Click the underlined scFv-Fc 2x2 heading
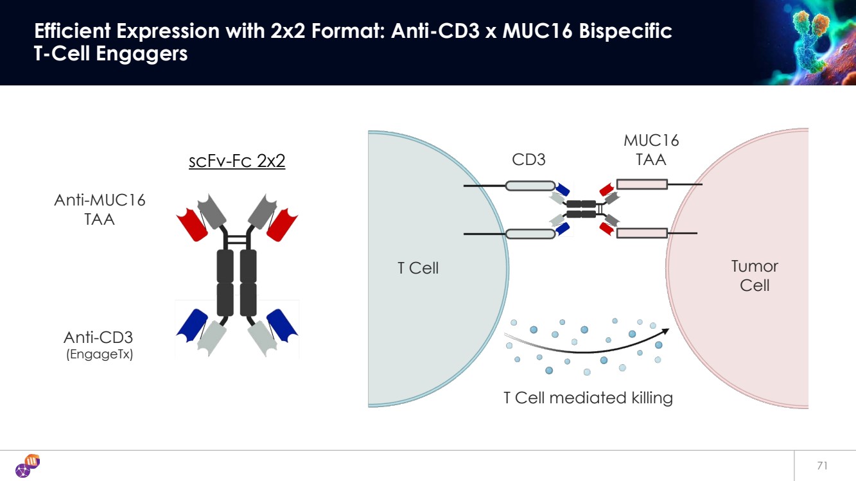pyautogui.click(x=237, y=161)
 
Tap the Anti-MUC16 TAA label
pyautogui.click(x=100, y=209)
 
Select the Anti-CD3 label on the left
pyautogui.click(x=98, y=338)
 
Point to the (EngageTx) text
pyautogui.click(x=100, y=354)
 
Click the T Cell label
pyautogui.click(x=418, y=268)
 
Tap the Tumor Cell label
pyautogui.click(x=755, y=275)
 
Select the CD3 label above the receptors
pyautogui.click(x=528, y=160)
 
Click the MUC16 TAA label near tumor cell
pyautogui.click(x=651, y=150)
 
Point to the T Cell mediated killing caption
pyautogui.click(x=588, y=398)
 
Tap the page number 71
pyautogui.click(x=821, y=466)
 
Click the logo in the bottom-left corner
pyautogui.click(x=27, y=466)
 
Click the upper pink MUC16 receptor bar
pyautogui.click(x=642, y=185)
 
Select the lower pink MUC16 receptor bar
pyautogui.click(x=642, y=232)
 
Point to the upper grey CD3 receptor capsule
pyautogui.click(x=530, y=186)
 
